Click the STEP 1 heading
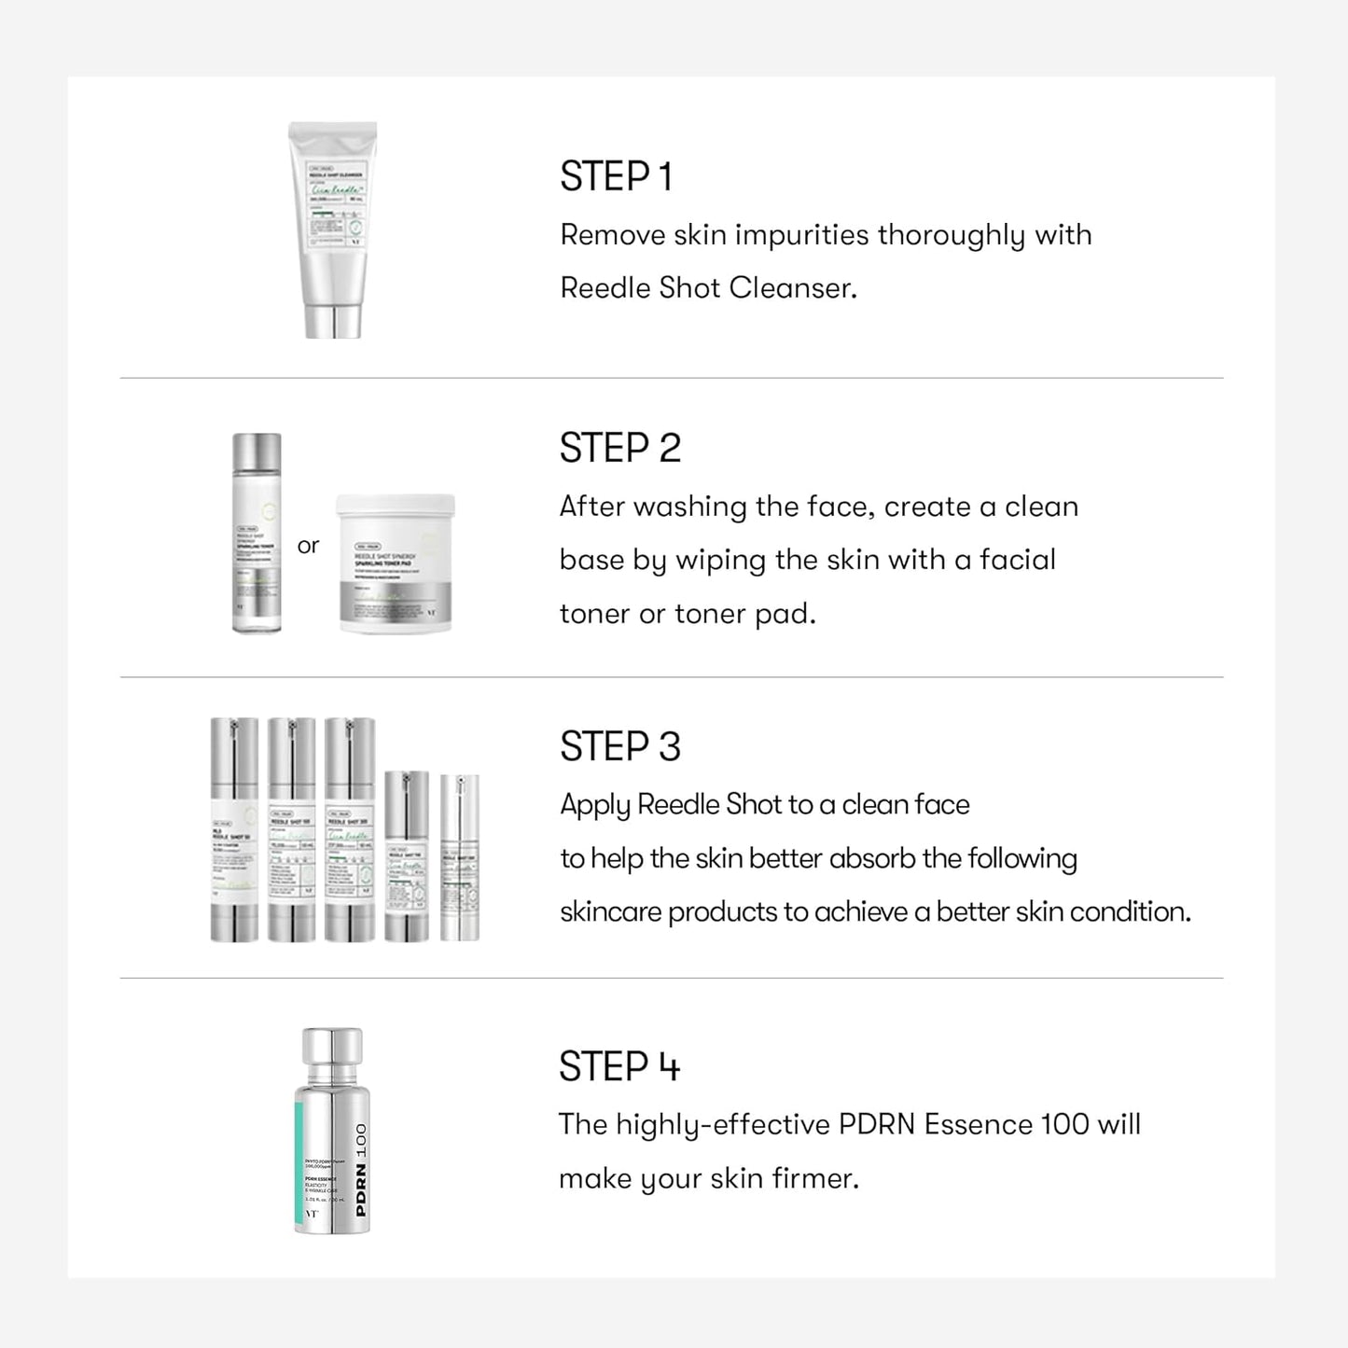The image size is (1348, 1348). (x=616, y=177)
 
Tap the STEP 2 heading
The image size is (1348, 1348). (x=620, y=449)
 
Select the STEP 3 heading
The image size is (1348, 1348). (x=620, y=747)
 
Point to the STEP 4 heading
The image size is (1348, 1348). (x=619, y=1067)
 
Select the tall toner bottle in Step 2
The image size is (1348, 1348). (x=257, y=534)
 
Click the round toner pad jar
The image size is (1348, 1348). (x=396, y=563)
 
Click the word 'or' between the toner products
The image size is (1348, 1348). (x=308, y=546)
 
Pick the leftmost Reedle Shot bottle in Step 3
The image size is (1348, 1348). (x=234, y=829)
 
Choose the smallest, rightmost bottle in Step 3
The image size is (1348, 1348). (x=459, y=856)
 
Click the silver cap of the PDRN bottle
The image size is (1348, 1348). (x=332, y=1055)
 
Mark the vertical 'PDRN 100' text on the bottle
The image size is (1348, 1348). (x=360, y=1170)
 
